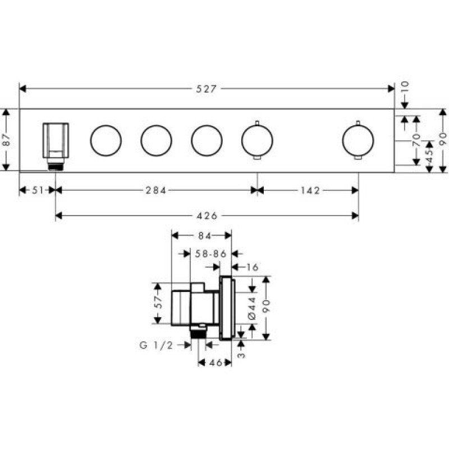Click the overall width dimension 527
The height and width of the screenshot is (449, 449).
pos(207,89)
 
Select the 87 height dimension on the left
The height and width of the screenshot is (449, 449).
pos(6,139)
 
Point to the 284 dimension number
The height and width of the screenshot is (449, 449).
pos(155,190)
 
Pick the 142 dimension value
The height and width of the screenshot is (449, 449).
pos(309,190)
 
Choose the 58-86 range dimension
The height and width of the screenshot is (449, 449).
pos(210,254)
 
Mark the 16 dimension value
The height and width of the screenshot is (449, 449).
pos(252,268)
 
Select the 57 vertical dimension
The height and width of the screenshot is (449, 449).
pos(159,303)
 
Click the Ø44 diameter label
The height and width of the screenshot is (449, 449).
pos(252,308)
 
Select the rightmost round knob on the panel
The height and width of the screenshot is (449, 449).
pos(358,140)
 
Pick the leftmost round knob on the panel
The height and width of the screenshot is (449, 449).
pos(106,140)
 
